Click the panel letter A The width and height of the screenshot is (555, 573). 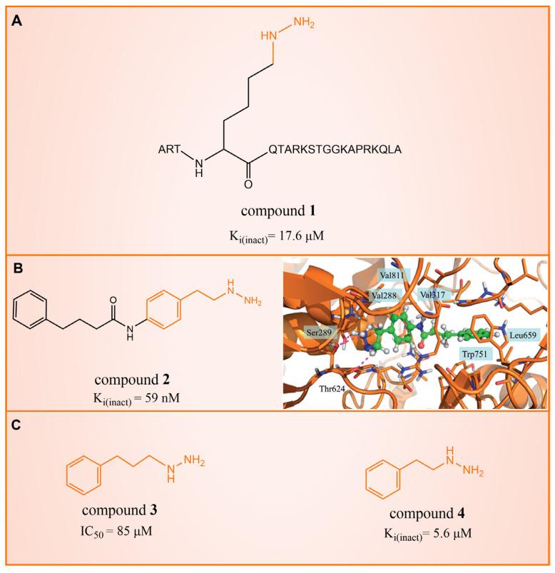pos(18,23)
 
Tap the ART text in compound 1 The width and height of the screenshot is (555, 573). pos(171,151)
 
